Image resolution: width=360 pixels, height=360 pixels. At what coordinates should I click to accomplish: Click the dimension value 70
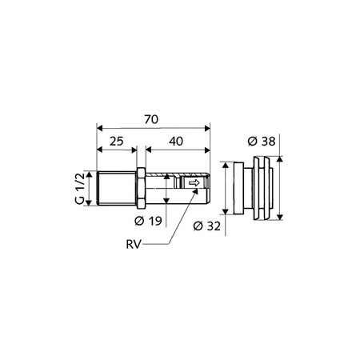point(151,119)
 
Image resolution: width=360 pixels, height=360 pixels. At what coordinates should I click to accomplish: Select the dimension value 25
point(117,141)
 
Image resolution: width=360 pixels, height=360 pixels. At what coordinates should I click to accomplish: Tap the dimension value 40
point(176,142)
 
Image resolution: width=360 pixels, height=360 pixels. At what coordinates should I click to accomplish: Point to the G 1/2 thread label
point(80,188)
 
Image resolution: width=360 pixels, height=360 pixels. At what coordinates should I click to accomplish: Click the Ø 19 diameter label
point(148,221)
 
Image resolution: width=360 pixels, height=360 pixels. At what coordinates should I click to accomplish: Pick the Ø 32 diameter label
point(207,226)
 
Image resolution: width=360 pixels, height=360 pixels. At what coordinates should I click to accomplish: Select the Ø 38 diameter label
point(262,141)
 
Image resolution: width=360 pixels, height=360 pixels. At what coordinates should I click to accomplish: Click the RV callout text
point(133,244)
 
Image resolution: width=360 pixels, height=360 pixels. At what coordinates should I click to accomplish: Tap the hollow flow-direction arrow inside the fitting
point(194,183)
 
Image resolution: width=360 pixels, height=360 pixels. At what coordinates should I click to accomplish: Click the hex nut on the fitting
point(141,188)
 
